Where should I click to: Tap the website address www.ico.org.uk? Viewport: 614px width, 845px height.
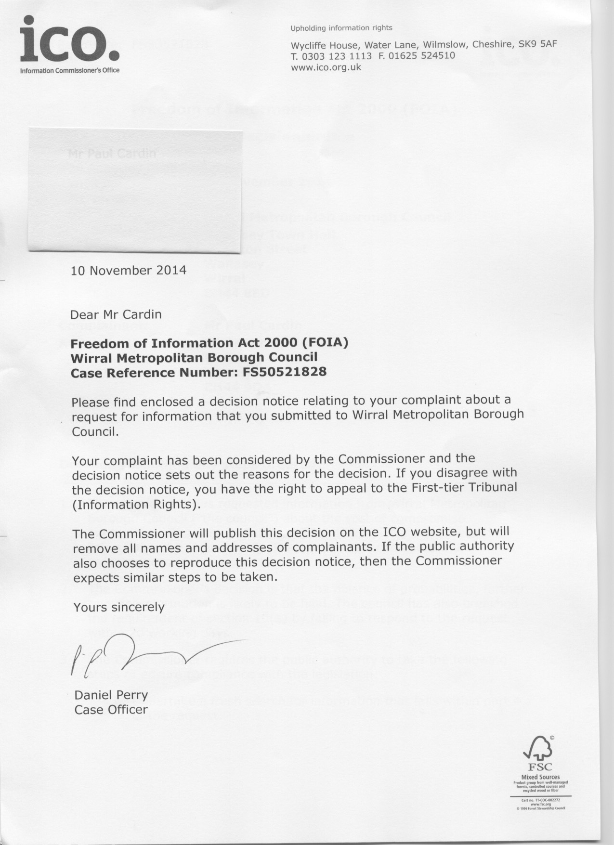326,67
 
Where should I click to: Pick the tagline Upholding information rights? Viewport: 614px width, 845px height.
341,28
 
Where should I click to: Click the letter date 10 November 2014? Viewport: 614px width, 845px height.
128,270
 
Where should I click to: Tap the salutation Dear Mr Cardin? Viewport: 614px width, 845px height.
116,314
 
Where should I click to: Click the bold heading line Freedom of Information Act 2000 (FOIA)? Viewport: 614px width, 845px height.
209,343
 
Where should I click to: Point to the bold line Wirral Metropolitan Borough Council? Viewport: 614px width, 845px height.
194,358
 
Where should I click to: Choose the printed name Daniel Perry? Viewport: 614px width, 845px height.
111,695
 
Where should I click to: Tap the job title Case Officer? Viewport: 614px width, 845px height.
111,710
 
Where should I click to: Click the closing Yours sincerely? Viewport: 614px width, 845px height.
118,607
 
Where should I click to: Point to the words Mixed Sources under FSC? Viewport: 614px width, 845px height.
540,777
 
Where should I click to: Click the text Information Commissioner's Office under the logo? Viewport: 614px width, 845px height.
69,71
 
